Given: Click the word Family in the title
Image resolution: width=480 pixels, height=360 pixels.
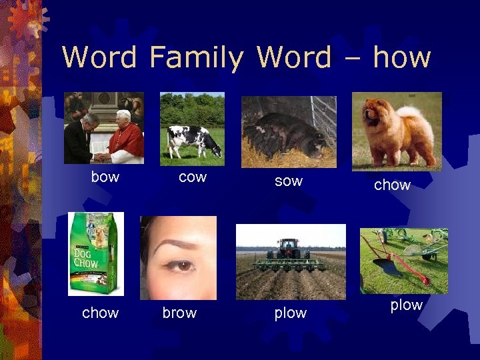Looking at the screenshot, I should [x=196, y=57].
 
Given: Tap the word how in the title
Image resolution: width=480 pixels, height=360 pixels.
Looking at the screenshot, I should [x=401, y=57].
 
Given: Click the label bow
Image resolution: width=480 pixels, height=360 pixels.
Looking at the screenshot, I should [x=105, y=177].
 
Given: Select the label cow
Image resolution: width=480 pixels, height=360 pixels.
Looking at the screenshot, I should [x=193, y=177].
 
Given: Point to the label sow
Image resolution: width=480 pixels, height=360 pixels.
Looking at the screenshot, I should [x=288, y=181].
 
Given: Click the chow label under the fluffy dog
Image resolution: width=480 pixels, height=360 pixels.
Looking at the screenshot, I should [x=392, y=185].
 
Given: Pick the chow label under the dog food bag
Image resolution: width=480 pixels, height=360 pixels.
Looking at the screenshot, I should [x=100, y=313].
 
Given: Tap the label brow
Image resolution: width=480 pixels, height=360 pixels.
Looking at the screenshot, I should [x=179, y=313].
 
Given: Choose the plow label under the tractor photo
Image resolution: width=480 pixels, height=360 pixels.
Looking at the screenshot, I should [x=291, y=313].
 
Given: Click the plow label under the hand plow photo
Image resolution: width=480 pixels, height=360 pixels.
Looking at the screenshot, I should [x=406, y=305].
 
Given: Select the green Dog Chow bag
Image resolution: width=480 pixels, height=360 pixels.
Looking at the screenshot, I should [x=95, y=253].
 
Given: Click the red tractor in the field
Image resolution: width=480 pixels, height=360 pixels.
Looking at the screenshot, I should [x=289, y=249].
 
